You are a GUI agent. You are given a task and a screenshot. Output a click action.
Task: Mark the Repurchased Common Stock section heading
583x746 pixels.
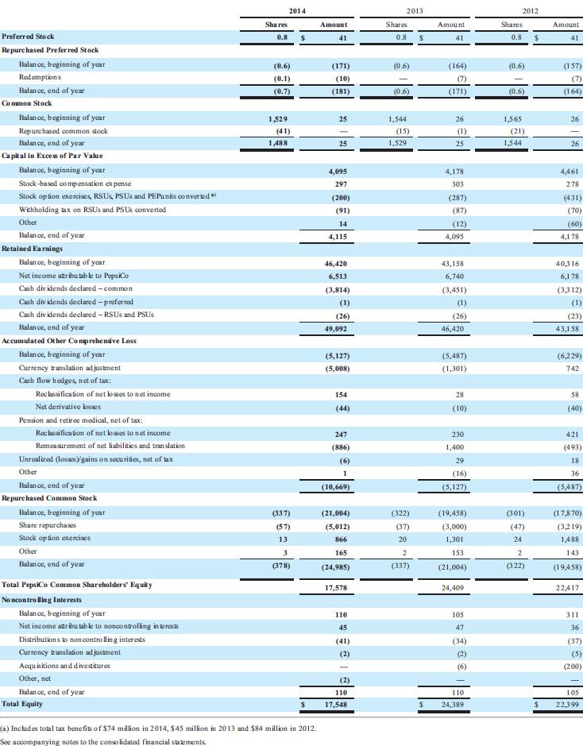49,498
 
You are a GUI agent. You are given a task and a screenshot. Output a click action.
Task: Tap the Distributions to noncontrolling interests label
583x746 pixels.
82,640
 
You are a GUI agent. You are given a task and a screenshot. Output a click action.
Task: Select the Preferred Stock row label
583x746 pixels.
28,37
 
